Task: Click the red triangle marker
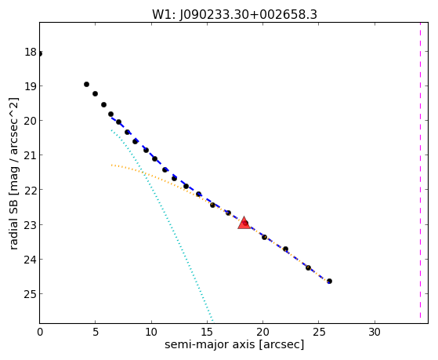pyautogui.click(x=244, y=223)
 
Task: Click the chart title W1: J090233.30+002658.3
pyautogui.click(x=234, y=15)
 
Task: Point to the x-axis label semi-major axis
pyautogui.click(x=209, y=344)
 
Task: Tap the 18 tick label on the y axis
pyautogui.click(x=31, y=52)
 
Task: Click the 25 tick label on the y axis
pyautogui.click(x=31, y=294)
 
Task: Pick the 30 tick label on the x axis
pyautogui.click(x=375, y=332)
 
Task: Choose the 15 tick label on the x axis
pyautogui.click(x=207, y=332)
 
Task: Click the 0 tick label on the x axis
pyautogui.click(x=40, y=332)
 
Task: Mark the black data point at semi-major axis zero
pyautogui.click(x=40, y=53)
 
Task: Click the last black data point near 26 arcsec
pyautogui.click(x=329, y=281)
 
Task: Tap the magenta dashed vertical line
pyautogui.click(x=420, y=170)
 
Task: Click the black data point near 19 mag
pyautogui.click(x=87, y=84)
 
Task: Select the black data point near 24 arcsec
pyautogui.click(x=308, y=267)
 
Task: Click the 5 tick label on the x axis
pyautogui.click(x=96, y=332)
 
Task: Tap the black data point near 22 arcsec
pyautogui.click(x=285, y=249)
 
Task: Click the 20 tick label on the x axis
pyautogui.click(x=262, y=332)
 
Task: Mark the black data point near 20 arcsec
pyautogui.click(x=264, y=237)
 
